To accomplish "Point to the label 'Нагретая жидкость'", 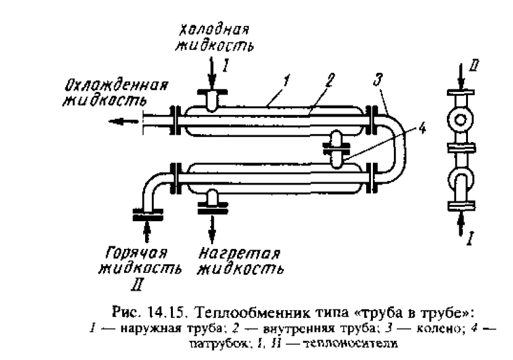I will coord(241,261).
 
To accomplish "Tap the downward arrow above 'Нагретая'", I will coord(212,230).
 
